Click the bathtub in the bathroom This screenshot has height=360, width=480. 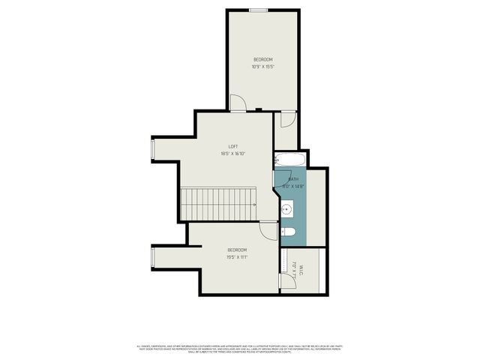pyautogui.click(x=288, y=160)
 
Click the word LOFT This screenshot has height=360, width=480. pyautogui.click(x=233, y=146)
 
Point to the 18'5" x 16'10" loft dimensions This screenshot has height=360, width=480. pyautogui.click(x=233, y=154)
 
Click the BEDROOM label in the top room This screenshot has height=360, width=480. pyautogui.click(x=262, y=59)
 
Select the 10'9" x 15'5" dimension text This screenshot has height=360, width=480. pyautogui.click(x=262, y=67)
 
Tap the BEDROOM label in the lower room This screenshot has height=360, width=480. pyautogui.click(x=237, y=250)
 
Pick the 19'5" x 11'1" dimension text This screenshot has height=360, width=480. pyautogui.click(x=237, y=257)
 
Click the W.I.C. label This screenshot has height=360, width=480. pyautogui.click(x=301, y=268)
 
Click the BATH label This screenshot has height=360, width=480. pyautogui.click(x=293, y=179)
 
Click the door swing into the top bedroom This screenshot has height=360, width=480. pyautogui.click(x=237, y=103)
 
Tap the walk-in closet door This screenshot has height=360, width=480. pyautogui.click(x=285, y=280)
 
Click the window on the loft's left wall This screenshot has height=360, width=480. pyautogui.click(x=154, y=150)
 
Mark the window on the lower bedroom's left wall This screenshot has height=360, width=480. pyautogui.click(x=154, y=259)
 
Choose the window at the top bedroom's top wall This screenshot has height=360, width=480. pyautogui.click(x=259, y=10)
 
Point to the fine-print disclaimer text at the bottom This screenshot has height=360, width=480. pyautogui.click(x=240, y=349)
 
